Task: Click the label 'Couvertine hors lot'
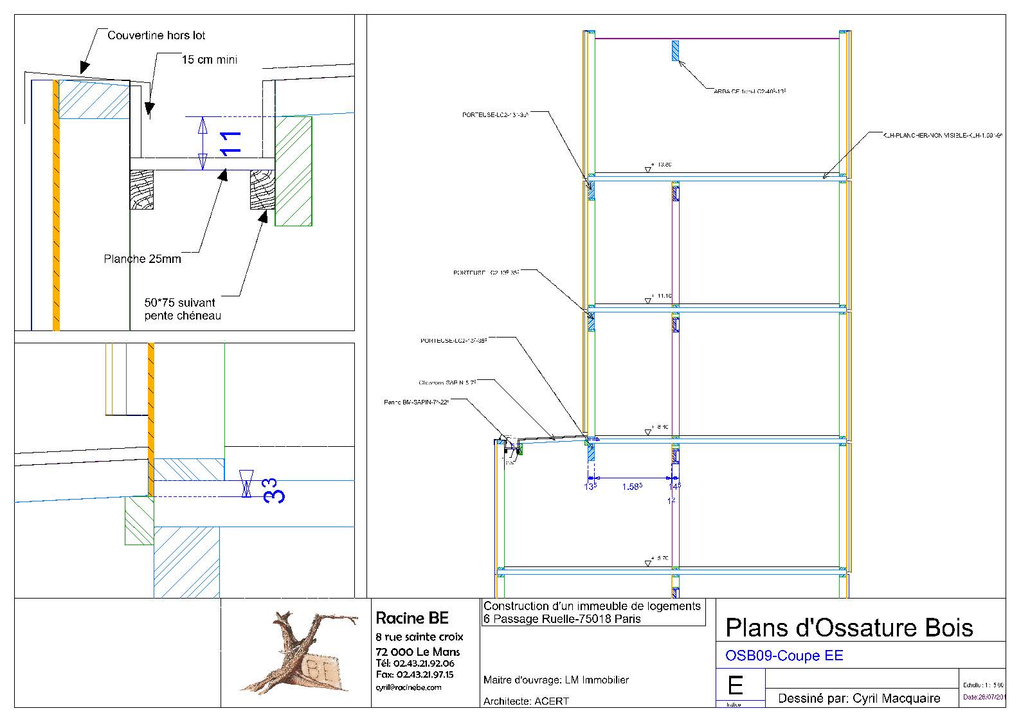(x=156, y=35)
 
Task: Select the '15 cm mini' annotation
(x=209, y=60)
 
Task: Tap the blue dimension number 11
(x=230, y=143)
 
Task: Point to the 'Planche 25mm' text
(x=142, y=259)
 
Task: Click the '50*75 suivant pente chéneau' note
(x=182, y=309)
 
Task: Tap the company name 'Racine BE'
(x=411, y=618)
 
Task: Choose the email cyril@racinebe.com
(x=408, y=687)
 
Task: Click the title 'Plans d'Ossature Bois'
(x=849, y=627)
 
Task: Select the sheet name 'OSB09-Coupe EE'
(x=784, y=656)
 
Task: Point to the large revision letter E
(x=735, y=686)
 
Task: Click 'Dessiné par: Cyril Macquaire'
(x=859, y=698)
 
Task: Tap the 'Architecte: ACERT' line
(x=526, y=701)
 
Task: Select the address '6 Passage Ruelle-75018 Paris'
(x=562, y=619)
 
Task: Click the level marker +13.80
(x=661, y=165)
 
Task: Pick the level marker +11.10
(x=661, y=296)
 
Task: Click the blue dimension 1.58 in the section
(x=632, y=487)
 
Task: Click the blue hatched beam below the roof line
(x=675, y=51)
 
